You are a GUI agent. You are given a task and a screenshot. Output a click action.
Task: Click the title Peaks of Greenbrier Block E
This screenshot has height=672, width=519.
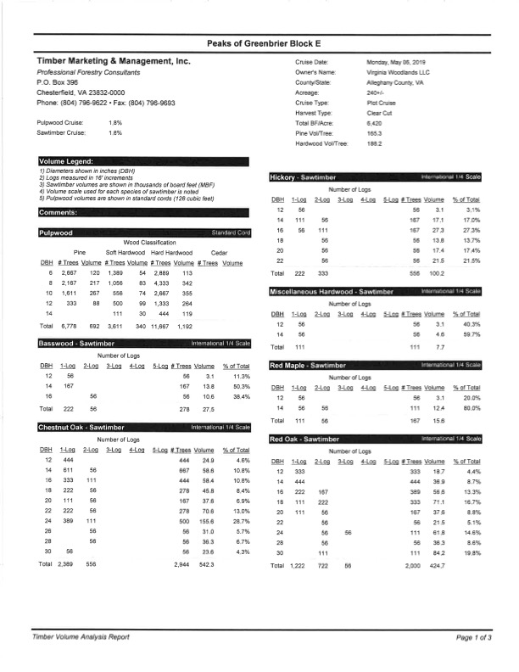coord(259,43)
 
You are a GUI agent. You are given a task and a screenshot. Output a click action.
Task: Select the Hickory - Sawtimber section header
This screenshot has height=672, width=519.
coord(298,176)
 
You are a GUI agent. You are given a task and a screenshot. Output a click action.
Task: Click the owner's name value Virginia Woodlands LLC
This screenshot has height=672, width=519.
coord(399,73)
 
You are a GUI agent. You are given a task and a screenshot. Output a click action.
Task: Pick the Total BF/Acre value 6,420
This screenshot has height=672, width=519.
coord(375,124)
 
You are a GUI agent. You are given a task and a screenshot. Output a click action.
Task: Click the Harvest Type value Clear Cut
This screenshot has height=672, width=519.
coord(378,114)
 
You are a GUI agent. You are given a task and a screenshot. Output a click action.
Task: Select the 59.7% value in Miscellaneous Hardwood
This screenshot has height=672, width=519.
coord(473,333)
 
